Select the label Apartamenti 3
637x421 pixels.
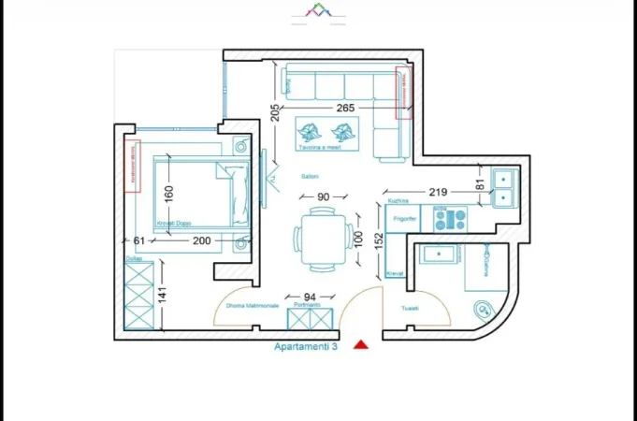[x=305, y=346]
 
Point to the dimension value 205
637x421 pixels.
[x=274, y=113]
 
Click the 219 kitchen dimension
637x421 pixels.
[x=438, y=192]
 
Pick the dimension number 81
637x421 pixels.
[x=482, y=184]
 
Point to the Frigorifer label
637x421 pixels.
[x=404, y=217]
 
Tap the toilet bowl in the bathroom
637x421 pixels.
[x=484, y=309]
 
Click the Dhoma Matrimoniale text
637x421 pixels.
[x=252, y=306]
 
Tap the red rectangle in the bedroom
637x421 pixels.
[x=132, y=162]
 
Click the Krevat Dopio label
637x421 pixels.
[x=173, y=224]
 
